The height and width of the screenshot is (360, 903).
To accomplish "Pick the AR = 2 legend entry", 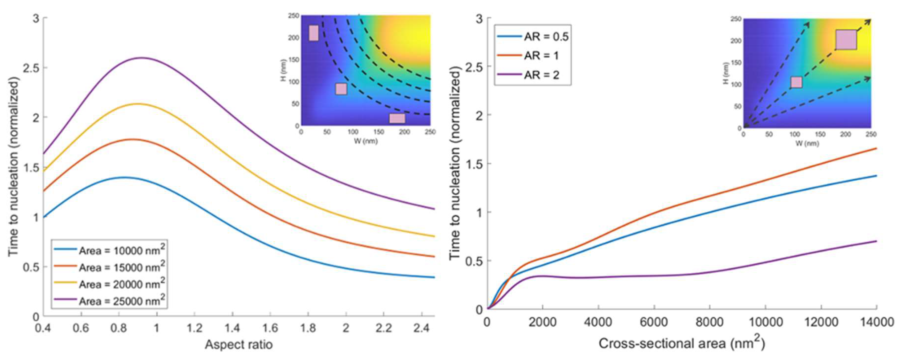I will [541, 75].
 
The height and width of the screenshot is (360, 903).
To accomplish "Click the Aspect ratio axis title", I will [239, 345].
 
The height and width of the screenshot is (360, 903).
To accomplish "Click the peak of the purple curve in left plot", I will [142, 58].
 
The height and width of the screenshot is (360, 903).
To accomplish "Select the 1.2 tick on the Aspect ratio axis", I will [195, 328].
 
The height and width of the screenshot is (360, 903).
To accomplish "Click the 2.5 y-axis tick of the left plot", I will [31, 68].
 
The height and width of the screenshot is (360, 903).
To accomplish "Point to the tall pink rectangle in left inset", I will [313, 33].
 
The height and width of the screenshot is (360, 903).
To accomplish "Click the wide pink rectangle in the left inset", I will [397, 118].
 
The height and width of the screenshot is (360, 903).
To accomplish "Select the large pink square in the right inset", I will [846, 40].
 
